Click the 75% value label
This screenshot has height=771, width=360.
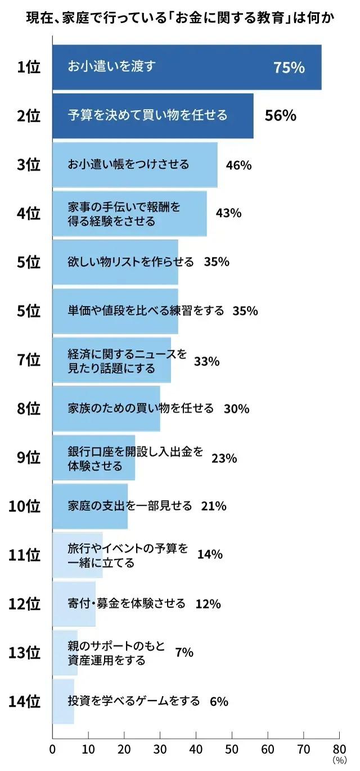click(289, 67)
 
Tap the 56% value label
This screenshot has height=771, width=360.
click(280, 116)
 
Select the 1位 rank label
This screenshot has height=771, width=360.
click(29, 67)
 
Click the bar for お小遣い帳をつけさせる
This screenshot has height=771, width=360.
click(135, 165)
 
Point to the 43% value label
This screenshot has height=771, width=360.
click(228, 213)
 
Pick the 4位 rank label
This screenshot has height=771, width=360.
click(29, 214)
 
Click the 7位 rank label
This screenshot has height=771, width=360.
click(29, 360)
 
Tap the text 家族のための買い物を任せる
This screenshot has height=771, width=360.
click(141, 408)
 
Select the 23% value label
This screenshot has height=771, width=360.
click(224, 458)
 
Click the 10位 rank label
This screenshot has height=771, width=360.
click(25, 506)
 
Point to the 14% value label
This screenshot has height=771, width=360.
click(210, 554)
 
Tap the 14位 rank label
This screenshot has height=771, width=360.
click(25, 701)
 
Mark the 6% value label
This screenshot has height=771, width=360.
click(218, 701)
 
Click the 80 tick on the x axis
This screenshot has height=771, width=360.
click(339, 749)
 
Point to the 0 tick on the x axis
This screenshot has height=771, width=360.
click(52, 749)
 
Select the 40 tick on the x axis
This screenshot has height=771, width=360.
click(196, 749)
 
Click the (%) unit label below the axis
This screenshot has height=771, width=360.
click(339, 760)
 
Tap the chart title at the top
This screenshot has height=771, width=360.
click(180, 18)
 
